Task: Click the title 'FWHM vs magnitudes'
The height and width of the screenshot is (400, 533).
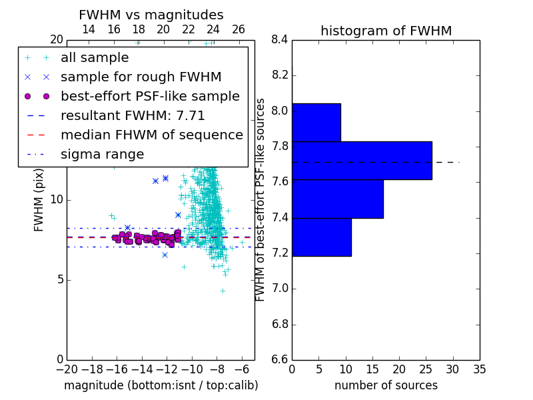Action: click(x=151, y=15)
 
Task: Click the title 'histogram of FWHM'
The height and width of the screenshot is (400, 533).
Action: click(x=386, y=31)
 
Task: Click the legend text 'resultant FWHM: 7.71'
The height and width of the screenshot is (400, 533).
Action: click(x=133, y=115)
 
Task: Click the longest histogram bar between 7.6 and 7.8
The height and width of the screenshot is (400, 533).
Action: click(x=362, y=161)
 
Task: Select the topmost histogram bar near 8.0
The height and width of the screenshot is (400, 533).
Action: click(x=316, y=123)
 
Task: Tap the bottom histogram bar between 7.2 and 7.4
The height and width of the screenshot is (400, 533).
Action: click(x=322, y=237)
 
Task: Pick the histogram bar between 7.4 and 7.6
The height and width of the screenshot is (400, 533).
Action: click(x=338, y=199)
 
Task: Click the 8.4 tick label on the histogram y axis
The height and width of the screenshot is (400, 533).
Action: click(x=280, y=40)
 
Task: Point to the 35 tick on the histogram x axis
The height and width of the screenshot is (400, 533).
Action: click(x=479, y=369)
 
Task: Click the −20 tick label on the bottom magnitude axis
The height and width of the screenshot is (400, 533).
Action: click(x=67, y=369)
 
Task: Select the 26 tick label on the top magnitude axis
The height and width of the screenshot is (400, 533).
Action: click(x=239, y=29)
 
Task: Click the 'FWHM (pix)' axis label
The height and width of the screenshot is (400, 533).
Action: click(x=39, y=200)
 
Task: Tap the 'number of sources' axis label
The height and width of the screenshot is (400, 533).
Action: click(x=386, y=385)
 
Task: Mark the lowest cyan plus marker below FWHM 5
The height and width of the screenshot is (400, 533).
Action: click(x=223, y=291)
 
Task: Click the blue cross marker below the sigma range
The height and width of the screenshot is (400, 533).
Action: click(x=165, y=255)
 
